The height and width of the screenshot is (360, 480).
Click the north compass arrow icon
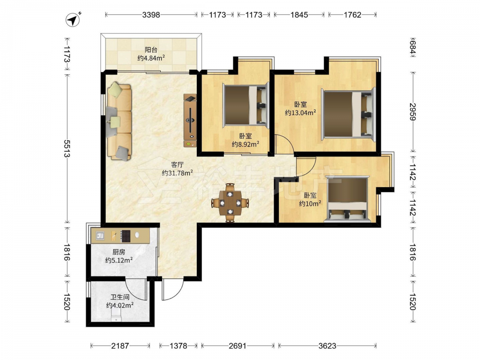[x=73, y=20]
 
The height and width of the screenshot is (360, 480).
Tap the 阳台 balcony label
[x=151, y=49]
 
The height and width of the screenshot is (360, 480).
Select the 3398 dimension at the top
[x=151, y=15]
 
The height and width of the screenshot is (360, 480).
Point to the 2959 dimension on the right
[x=413, y=112]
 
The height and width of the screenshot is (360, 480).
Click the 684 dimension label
[x=413, y=48]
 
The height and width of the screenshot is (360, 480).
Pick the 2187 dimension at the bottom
[x=120, y=346]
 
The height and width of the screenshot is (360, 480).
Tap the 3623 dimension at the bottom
[x=327, y=346]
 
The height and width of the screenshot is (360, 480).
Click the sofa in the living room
[x=119, y=121]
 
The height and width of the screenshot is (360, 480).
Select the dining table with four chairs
[x=230, y=203]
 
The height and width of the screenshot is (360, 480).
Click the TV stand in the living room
[x=190, y=120]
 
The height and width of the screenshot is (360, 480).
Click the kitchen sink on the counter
[x=100, y=236]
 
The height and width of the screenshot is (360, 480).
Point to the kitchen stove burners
[x=125, y=236]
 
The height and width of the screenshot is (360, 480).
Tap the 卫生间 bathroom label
[x=120, y=297]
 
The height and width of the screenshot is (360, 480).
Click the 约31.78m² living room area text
[x=177, y=173]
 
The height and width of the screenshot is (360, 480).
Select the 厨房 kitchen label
[x=119, y=252]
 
